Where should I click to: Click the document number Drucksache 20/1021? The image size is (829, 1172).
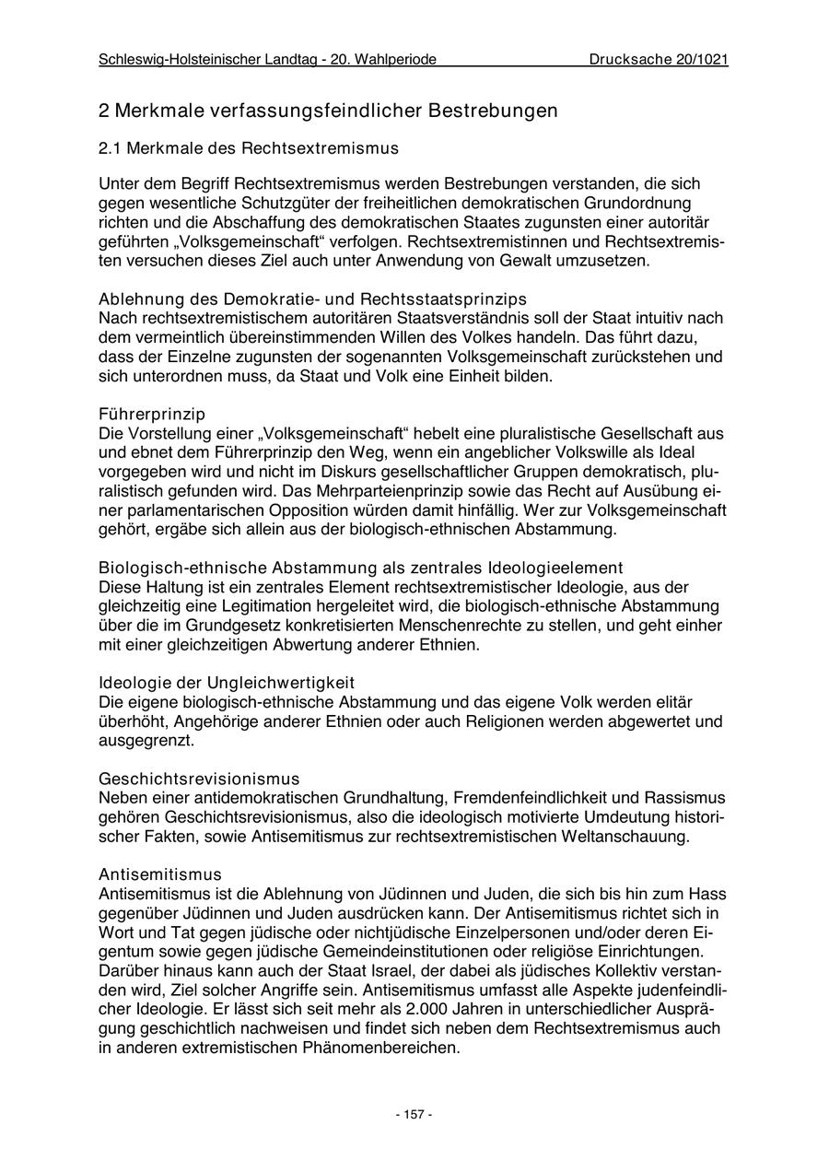[659, 60]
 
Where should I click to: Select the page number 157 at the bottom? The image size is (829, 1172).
[414, 1115]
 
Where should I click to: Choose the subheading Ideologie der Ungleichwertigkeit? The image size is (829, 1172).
[227, 683]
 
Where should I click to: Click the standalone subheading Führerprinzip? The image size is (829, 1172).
[152, 415]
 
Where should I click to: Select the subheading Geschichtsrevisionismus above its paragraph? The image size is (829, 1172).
[199, 779]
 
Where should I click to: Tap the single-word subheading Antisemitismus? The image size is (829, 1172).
[160, 874]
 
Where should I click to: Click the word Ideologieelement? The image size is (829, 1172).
[555, 568]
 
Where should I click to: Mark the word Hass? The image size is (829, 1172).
[707, 894]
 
